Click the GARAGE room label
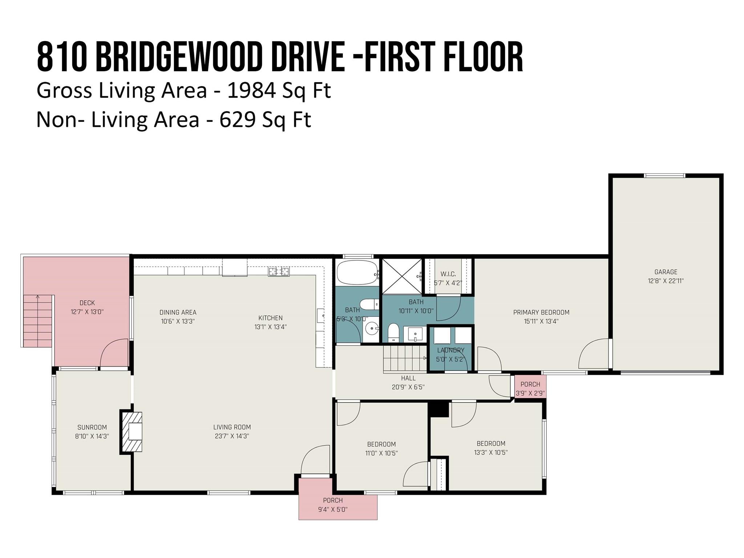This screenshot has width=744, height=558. coord(666,272)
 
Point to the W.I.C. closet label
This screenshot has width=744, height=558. coord(448,274)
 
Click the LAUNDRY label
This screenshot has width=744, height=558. coord(450,350)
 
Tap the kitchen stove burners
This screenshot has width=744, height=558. coord(279,271)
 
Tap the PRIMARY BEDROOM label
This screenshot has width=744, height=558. coord(541,312)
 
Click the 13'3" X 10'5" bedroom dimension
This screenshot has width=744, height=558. coord(490,452)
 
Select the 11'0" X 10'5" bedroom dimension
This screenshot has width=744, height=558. coord(381,453)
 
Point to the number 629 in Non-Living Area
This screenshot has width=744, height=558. coord(238,120)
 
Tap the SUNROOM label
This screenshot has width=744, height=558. coord(92,427)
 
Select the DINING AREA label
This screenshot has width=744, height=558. coord(178,312)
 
